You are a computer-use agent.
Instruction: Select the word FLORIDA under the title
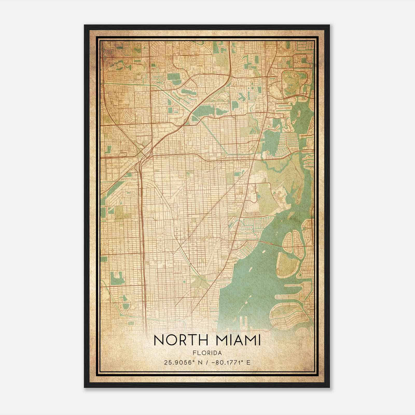207,353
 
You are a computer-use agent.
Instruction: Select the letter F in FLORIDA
195,353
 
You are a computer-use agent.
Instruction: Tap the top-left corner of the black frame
85,25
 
